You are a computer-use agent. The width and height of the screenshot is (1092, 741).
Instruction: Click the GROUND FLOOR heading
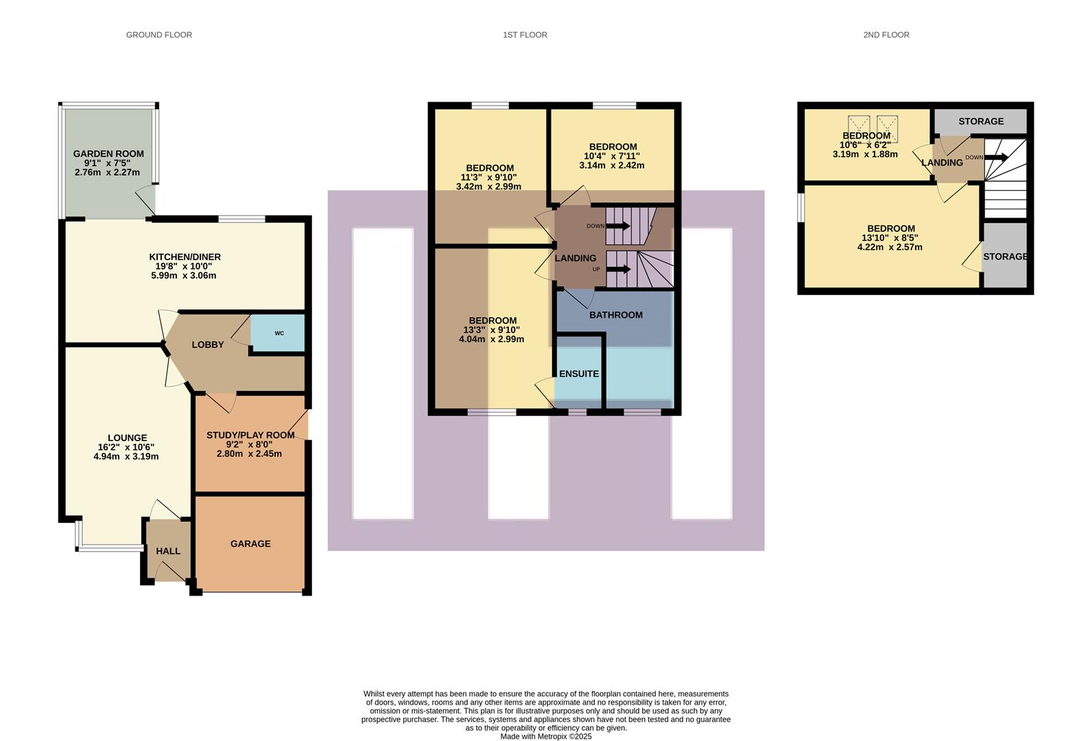pos(158,34)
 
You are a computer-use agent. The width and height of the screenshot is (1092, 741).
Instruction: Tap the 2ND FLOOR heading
pos(886,34)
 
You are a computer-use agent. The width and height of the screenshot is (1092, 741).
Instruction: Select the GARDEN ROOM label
pos(108,154)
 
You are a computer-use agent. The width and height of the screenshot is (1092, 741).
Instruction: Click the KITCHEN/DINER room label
pos(185,257)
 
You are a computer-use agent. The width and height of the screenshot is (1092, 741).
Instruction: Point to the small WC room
pos(279,333)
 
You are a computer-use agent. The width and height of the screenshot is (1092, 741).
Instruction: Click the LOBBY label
pos(207,344)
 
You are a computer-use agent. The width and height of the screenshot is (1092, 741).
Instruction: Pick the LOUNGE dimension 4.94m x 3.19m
pos(126,456)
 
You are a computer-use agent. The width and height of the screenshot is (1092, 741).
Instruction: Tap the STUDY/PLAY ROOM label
pos(250,435)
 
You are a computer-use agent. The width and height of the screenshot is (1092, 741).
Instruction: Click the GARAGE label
pos(250,543)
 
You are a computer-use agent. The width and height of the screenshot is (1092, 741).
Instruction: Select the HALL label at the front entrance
pos(168,551)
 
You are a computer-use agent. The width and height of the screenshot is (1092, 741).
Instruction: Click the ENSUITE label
pos(579,374)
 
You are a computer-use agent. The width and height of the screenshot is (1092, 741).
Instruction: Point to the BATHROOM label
pos(616,315)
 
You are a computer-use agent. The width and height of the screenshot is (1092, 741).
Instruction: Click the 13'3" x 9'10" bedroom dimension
pos(492,330)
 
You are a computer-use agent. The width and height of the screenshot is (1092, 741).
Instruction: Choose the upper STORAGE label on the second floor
pos(980,121)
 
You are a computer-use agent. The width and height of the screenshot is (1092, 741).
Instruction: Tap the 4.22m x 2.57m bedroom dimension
pos(890,247)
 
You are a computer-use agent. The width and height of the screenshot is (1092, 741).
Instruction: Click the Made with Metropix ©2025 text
pos(545,736)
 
